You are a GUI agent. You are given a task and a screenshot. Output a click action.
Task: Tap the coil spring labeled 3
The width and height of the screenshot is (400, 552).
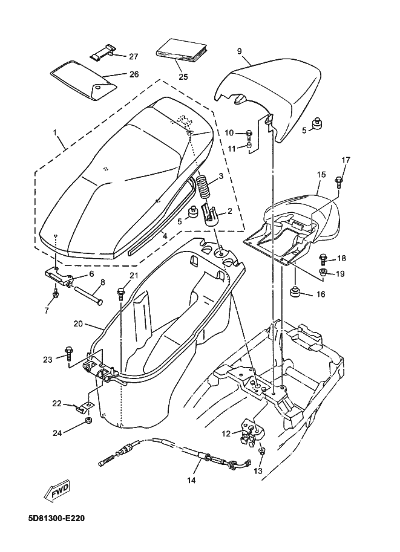(x=203, y=188)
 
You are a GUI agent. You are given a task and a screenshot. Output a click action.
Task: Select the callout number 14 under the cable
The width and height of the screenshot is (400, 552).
(x=192, y=480)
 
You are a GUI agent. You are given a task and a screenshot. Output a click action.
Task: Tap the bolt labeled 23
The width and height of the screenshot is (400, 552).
(x=68, y=353)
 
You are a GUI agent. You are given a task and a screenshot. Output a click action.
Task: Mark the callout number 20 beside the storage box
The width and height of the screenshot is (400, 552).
(x=78, y=323)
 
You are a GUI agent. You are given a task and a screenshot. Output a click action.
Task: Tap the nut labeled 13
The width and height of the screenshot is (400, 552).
(x=261, y=452)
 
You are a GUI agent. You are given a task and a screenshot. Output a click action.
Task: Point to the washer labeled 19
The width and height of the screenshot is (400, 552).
(x=323, y=272)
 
